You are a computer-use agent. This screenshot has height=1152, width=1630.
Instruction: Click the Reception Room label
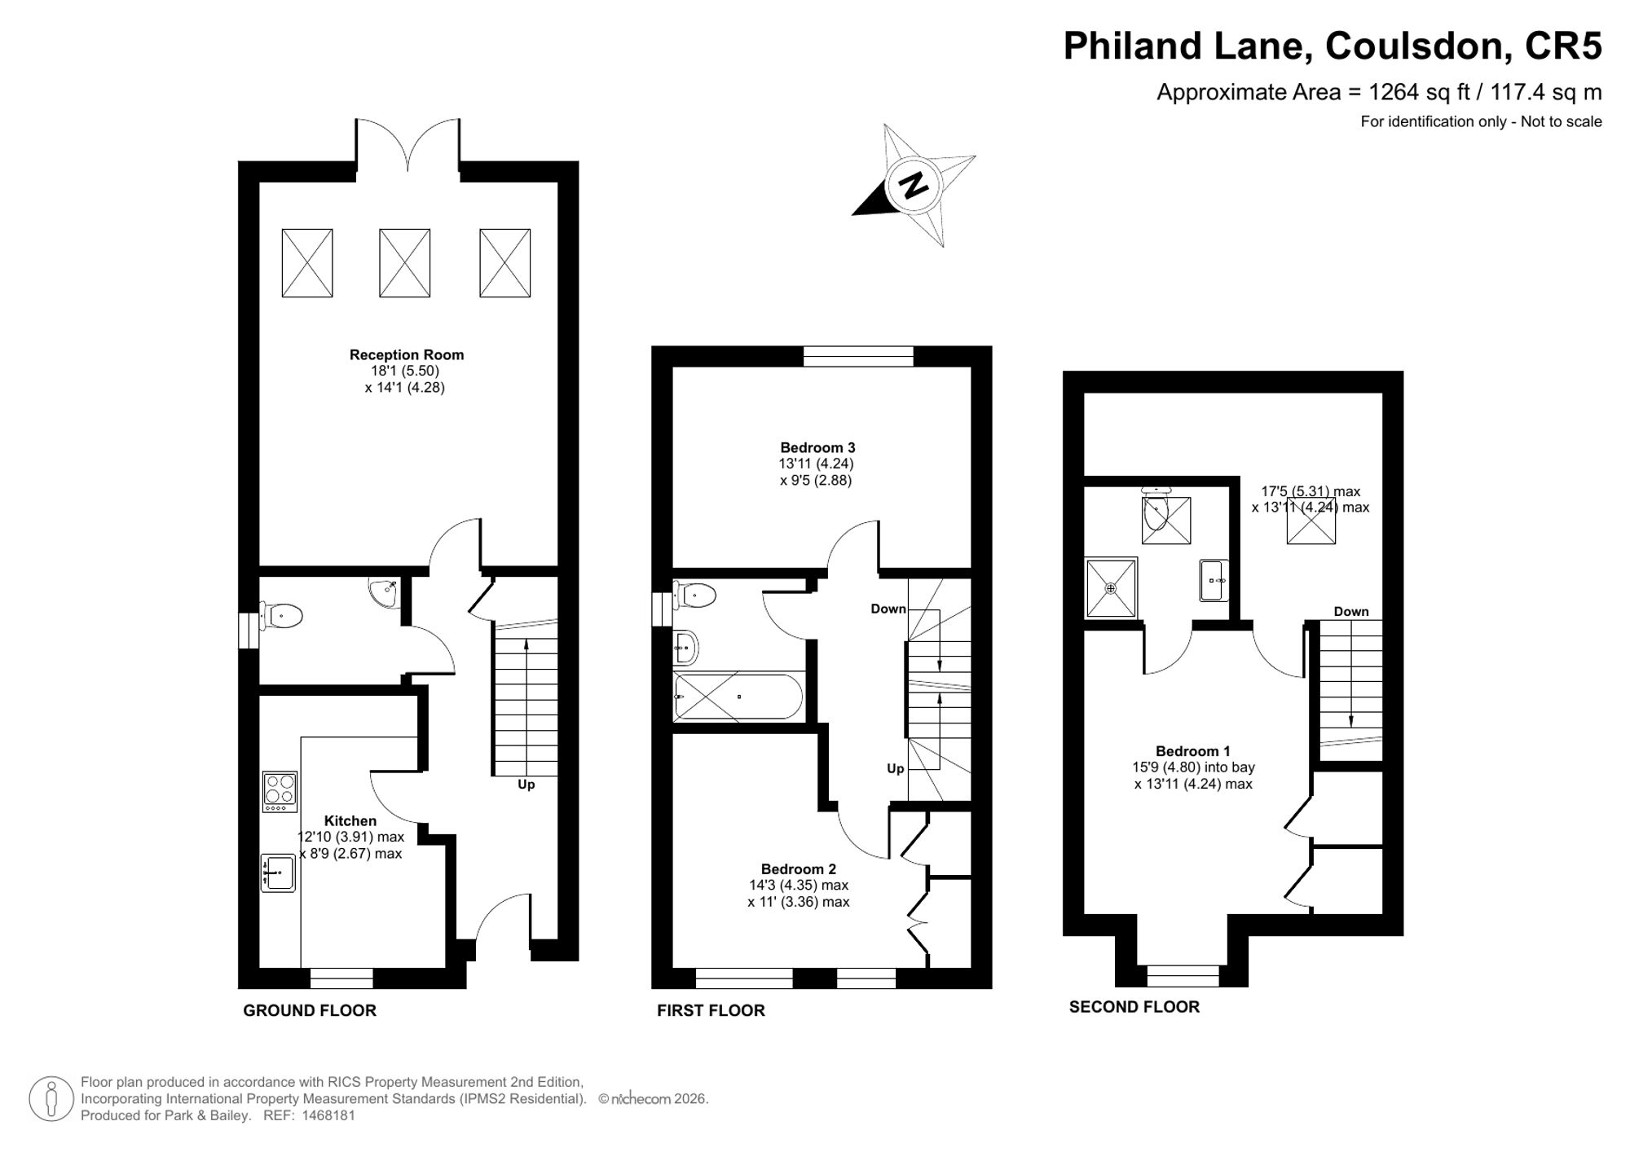407,354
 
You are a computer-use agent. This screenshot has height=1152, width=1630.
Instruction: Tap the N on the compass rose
914,185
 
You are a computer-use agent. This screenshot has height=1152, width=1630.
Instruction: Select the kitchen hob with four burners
280,791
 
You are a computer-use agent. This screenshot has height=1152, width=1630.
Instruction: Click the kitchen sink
278,872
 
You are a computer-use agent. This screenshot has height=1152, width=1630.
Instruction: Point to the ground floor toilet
281,616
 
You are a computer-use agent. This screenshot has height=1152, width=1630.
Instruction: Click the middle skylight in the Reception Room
404,262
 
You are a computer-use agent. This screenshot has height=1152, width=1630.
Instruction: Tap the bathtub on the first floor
738,697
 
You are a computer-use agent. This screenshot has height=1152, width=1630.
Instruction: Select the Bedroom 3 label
817,447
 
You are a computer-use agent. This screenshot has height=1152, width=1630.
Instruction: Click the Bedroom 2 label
799,869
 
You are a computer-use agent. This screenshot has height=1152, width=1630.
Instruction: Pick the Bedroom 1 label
1193,751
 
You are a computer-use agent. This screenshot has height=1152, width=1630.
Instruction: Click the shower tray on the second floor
1111,587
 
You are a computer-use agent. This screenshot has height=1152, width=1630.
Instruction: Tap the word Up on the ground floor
526,785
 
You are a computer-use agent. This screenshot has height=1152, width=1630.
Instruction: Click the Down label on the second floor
1351,611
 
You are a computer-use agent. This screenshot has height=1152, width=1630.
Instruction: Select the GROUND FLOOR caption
310,1010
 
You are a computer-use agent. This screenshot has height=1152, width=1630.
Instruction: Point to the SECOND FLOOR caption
1134,1007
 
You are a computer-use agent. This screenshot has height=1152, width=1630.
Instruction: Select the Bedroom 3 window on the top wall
858,356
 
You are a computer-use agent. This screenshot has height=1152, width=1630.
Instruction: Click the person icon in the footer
51,1099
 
